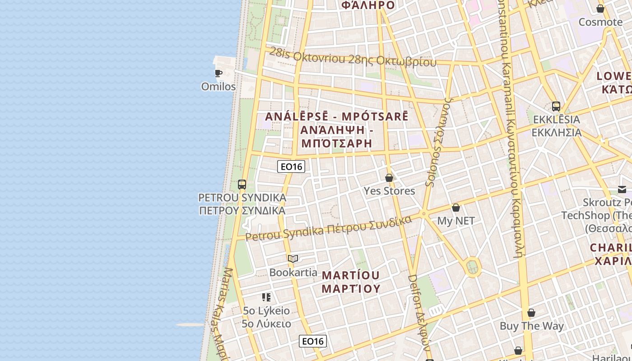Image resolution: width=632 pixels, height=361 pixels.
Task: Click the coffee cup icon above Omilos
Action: coord(218,73)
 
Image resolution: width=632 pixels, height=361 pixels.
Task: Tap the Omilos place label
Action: coord(218,86)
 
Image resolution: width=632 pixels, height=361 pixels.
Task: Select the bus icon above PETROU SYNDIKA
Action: coord(242,185)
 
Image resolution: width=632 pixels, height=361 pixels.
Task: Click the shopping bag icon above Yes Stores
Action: coord(389,178)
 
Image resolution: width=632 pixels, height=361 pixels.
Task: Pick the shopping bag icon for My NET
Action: coord(456,208)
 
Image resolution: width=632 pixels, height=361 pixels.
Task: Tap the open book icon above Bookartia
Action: coord(293,259)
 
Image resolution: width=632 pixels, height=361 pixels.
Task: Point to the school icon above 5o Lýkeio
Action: coord(266,297)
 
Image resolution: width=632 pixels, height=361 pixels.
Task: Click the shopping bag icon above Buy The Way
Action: coord(531,313)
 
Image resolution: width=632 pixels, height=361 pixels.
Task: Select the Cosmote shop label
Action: coord(600,22)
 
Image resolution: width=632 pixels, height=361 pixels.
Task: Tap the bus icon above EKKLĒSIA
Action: coord(556,106)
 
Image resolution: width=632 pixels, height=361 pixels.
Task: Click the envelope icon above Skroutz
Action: coord(622,190)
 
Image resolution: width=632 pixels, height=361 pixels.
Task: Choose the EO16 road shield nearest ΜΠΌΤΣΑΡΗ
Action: coord(291,167)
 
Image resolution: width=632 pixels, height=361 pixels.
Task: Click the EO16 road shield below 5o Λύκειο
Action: coord(312,341)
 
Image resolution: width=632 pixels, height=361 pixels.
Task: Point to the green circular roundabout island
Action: coord(473,268)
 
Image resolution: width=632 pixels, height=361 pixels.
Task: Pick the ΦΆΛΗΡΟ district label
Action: coord(368,5)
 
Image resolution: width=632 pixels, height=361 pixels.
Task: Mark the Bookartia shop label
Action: coord(293,272)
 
